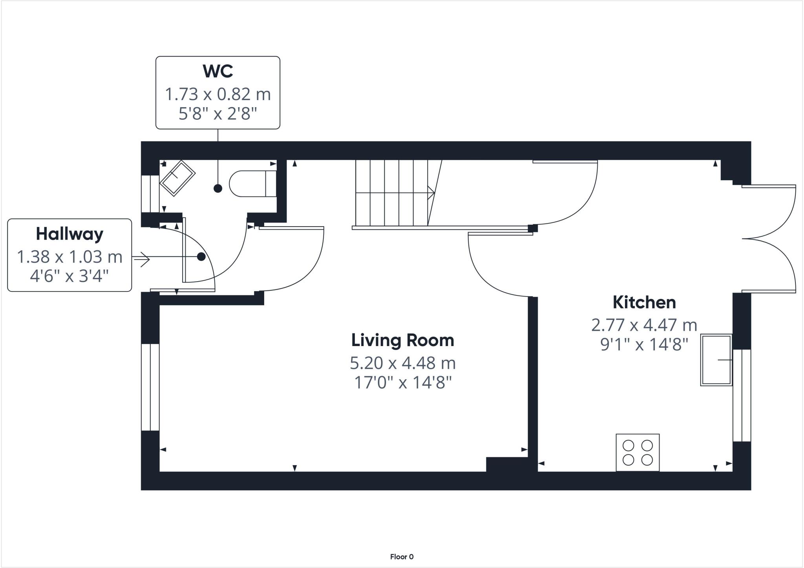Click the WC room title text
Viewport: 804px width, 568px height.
pyautogui.click(x=218, y=71)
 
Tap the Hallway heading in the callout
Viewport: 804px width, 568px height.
pyautogui.click(x=69, y=234)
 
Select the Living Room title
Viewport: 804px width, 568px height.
pyautogui.click(x=402, y=340)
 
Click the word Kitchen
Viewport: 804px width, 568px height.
pyautogui.click(x=644, y=302)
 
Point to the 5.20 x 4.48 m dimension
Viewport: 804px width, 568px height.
pyautogui.click(x=402, y=363)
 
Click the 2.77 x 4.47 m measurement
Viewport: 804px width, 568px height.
pyautogui.click(x=644, y=325)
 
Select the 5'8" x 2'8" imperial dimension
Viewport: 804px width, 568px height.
pyautogui.click(x=218, y=114)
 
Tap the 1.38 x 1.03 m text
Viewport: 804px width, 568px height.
pyautogui.click(x=69, y=257)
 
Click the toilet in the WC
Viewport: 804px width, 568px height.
pyautogui.click(x=251, y=183)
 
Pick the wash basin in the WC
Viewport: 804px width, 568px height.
pyautogui.click(x=177, y=178)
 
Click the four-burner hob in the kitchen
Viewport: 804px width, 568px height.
pyautogui.click(x=638, y=452)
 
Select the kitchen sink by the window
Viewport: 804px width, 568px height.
pyautogui.click(x=716, y=360)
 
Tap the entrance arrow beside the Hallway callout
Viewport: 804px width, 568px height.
pyautogui.click(x=141, y=258)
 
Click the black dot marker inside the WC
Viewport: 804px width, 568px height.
pyautogui.click(x=218, y=189)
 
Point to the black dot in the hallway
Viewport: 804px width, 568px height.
pyautogui.click(x=201, y=257)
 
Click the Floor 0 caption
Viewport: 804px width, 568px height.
pyautogui.click(x=402, y=557)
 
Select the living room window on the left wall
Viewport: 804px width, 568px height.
pyautogui.click(x=150, y=387)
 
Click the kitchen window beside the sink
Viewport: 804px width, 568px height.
pyautogui.click(x=742, y=395)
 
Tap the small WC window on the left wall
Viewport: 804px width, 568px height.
pyautogui.click(x=150, y=194)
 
